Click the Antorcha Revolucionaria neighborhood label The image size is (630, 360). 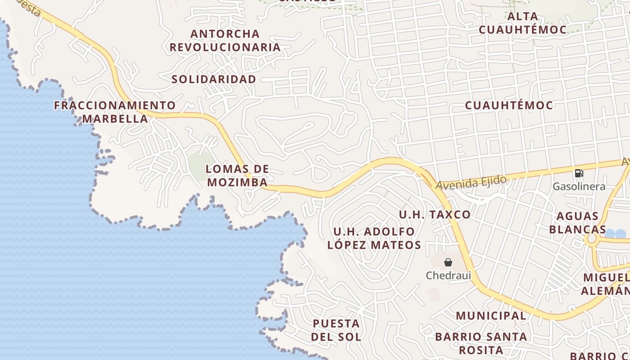pyautogui.click(x=225, y=40)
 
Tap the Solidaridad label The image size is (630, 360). pyautogui.click(x=214, y=79)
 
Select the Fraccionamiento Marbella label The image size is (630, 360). pyautogui.click(x=115, y=112)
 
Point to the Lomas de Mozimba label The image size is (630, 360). pyautogui.click(x=237, y=175)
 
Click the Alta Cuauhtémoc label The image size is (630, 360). pyautogui.click(x=522, y=23)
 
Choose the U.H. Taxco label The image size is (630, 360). pyautogui.click(x=435, y=215)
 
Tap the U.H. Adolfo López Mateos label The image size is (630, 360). pyautogui.click(x=374, y=238)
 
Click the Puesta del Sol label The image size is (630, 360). pyautogui.click(x=336, y=330)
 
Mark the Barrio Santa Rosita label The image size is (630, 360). pyautogui.click(x=481, y=343)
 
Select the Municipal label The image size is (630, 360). pyautogui.click(x=490, y=316)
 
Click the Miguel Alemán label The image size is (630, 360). pyautogui.click(x=605, y=284)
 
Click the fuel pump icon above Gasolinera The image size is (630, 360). pyautogui.click(x=579, y=173)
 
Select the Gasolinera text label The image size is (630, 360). pyautogui.click(x=579, y=186)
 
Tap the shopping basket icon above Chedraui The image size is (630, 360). pyautogui.click(x=448, y=262)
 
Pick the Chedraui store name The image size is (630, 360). pyautogui.click(x=448, y=275)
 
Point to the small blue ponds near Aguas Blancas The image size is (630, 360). pyautogui.click(x=615, y=234)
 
